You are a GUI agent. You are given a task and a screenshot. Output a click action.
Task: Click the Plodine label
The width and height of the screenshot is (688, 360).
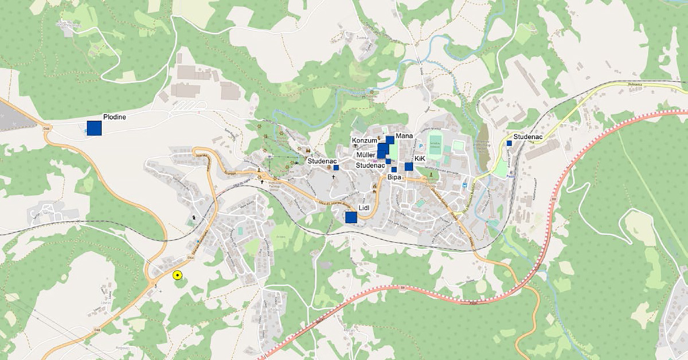click(x=114, y=117)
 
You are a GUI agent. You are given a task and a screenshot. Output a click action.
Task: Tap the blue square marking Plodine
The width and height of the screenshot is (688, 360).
click(x=94, y=128)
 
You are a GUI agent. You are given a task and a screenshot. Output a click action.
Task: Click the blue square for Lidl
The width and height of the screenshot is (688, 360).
click(x=351, y=217)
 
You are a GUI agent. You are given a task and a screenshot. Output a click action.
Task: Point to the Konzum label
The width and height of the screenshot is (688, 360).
click(x=364, y=140)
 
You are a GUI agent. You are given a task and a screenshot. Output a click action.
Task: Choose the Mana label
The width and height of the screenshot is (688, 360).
click(x=404, y=135)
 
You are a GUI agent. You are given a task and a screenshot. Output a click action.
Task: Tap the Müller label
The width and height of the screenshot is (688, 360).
click(x=366, y=155)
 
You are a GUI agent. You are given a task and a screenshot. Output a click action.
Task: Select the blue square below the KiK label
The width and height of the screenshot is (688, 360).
click(x=409, y=167)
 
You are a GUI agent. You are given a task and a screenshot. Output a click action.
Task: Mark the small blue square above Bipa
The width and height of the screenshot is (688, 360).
click(x=394, y=170)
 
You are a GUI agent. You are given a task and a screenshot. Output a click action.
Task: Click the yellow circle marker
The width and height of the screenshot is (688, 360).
click(x=178, y=276)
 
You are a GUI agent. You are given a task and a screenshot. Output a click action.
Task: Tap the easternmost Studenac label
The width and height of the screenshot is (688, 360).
click(x=529, y=137)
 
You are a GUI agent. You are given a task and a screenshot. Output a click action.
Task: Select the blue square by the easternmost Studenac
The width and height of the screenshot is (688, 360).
click(x=509, y=143)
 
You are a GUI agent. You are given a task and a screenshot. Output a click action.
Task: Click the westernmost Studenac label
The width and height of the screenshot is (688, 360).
click(x=320, y=161)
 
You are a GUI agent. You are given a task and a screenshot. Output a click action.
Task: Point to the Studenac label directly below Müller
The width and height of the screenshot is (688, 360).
click(x=370, y=165)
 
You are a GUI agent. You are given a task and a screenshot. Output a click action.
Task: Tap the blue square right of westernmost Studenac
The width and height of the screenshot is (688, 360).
click(x=337, y=167)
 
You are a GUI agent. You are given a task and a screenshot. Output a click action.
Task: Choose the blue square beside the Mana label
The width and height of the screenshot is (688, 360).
click(x=390, y=139)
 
